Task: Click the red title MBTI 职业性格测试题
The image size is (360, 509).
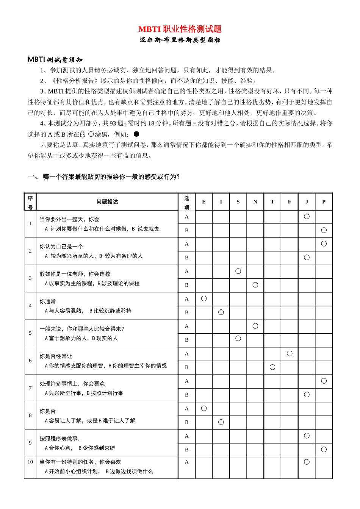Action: (180, 29)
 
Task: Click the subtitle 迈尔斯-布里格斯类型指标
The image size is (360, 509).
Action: (180, 40)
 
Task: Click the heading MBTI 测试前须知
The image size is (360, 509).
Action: (55, 59)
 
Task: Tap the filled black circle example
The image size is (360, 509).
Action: (136, 134)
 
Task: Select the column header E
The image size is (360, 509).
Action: (204, 202)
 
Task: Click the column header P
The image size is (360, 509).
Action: (324, 202)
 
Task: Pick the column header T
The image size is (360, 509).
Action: (272, 202)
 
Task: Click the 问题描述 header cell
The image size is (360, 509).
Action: (107, 202)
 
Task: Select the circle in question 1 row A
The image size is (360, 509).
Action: (307, 216)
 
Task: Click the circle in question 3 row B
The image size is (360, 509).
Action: (255, 285)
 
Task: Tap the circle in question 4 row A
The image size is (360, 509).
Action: (204, 298)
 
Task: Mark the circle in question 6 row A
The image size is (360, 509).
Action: (290, 353)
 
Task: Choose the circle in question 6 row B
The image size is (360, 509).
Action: (272, 367)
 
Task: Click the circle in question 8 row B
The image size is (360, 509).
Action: (221, 422)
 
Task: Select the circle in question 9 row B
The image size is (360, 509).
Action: (324, 449)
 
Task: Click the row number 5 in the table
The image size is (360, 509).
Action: (30, 333)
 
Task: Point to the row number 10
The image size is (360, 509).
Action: (30, 462)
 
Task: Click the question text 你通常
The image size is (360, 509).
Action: (48, 301)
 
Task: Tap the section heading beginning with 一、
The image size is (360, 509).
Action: (104, 176)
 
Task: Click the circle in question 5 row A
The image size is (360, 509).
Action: (255, 326)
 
